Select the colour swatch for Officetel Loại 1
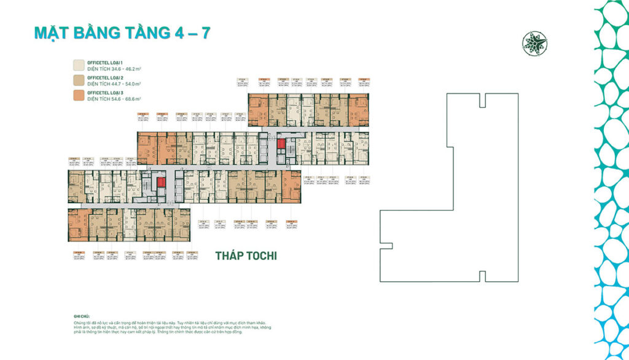click(x=79, y=65)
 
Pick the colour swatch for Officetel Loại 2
click(x=79, y=80)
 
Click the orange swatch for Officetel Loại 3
click(x=79, y=95)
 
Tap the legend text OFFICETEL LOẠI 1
click(x=105, y=63)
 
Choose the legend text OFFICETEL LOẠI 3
click(x=105, y=92)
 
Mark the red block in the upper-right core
click(x=281, y=146)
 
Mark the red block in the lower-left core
click(x=161, y=182)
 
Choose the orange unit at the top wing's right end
click(x=359, y=110)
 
